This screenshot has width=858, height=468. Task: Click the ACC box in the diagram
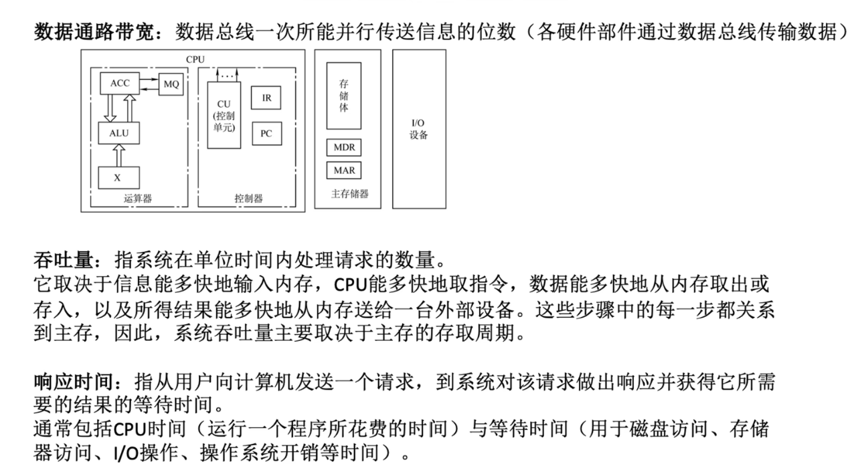120,84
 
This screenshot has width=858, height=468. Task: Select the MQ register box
171,84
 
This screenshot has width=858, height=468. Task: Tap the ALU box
118,132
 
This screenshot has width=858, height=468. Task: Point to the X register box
118,178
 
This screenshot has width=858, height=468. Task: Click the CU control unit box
224,115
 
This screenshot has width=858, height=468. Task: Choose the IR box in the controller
266,98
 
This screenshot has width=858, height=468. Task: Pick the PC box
266,133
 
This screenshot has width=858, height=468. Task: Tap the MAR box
344,170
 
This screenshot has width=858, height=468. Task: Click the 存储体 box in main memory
343,96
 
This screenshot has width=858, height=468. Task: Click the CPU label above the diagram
195,60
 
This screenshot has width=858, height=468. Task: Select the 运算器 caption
138,198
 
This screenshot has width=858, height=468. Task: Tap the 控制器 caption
248,198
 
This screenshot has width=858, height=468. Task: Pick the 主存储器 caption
349,194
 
